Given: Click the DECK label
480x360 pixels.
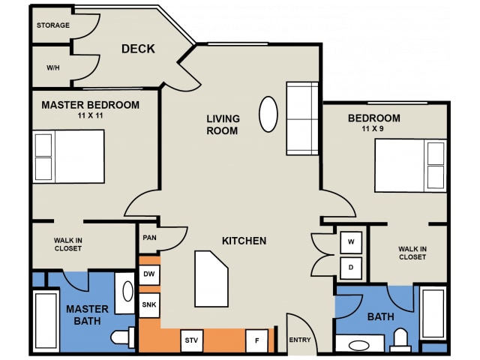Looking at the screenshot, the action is tap(138, 49).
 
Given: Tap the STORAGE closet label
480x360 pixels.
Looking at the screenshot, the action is tap(53, 25).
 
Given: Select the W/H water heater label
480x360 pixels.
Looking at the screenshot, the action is tap(53, 67).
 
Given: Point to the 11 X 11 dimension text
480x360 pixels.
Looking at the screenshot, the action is tap(90, 115).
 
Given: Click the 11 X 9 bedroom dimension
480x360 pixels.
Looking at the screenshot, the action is tap(373, 128).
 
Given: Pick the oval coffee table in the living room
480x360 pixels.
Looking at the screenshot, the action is tap(268, 114).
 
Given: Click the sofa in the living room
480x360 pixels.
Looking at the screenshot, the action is tap(302, 118).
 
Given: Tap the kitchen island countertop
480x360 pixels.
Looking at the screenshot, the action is tap(211, 279).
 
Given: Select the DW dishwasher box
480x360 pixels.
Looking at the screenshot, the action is tap(149, 274).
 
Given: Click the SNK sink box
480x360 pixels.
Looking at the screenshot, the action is tap(149, 305).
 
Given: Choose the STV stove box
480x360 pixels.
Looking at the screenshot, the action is tap(192, 340).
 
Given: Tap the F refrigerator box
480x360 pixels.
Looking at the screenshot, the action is tap(257, 340).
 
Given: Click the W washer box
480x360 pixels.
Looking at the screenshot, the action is tap(351, 242).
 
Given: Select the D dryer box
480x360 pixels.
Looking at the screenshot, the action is tap(351, 268).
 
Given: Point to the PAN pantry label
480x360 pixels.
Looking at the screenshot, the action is tap(150, 238).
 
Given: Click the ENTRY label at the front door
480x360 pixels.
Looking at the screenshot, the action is tap(300, 340).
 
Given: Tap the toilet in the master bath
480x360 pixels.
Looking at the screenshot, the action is tap(122, 337).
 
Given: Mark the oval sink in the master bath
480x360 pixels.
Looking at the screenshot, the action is tap(128, 291).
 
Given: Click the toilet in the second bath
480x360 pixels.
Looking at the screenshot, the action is tap(400, 340).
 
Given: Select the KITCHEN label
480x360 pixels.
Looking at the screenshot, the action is tap(244, 241).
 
